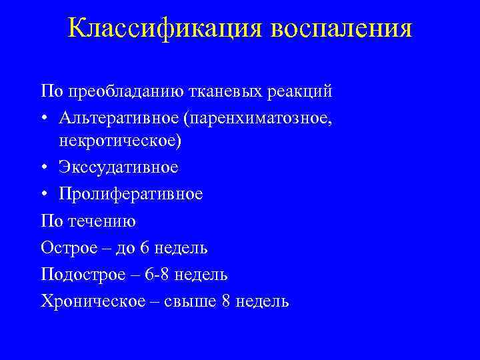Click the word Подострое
click(x=81, y=274)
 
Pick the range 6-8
click(x=157, y=274)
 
